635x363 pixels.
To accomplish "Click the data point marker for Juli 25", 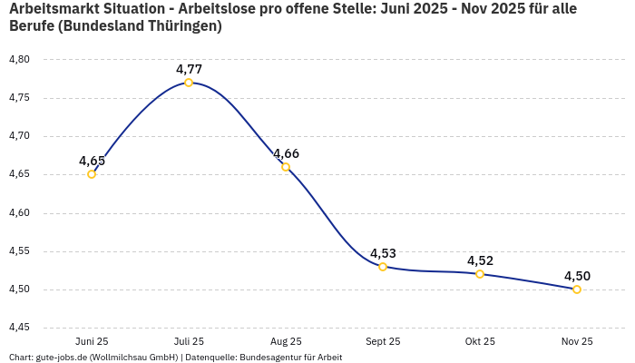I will click(x=189, y=83).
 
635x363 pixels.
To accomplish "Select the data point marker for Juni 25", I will click(x=92, y=174).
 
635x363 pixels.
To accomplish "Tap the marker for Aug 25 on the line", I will click(x=286, y=167).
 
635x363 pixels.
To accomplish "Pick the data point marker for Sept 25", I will click(x=383, y=267).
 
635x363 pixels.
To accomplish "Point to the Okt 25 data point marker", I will click(x=480, y=274).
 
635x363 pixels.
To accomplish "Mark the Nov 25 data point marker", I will click(x=577, y=289).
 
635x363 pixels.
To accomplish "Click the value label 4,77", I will click(x=189, y=69).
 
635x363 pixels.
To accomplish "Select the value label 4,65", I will click(x=92, y=161).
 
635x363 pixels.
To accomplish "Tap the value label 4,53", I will click(x=383, y=253).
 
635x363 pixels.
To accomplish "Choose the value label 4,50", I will click(x=577, y=276).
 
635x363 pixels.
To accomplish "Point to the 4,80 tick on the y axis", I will click(x=19, y=60).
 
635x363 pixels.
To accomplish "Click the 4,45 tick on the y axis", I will click(x=19, y=328).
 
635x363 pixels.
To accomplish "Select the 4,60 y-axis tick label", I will click(x=19, y=213).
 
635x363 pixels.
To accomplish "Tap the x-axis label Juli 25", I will click(x=189, y=341).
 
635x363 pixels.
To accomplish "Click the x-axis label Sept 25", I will click(x=383, y=341).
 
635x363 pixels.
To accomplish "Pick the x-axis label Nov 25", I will click(x=577, y=341).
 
